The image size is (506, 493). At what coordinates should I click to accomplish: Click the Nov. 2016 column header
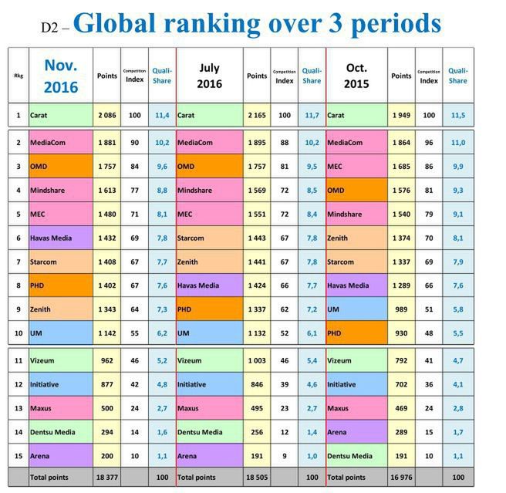coord(61,76)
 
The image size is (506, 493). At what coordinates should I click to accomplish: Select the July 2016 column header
coord(208,76)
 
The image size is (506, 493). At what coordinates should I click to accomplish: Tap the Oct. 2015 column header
coord(356,76)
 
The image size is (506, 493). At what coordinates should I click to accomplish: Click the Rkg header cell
coord(19,76)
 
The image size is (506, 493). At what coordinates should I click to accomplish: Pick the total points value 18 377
coord(106,478)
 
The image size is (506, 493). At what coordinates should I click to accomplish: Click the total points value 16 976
coord(401,478)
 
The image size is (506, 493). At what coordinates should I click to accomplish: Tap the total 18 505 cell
coord(256,478)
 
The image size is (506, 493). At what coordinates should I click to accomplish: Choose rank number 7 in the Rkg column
coord(19,262)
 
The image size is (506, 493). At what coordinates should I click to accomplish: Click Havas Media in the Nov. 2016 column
coord(52,239)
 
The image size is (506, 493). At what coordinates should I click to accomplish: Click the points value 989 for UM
coord(401,308)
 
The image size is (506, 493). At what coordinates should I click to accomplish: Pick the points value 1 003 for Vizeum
coord(256,360)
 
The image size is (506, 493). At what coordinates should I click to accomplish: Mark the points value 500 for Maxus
coord(106,407)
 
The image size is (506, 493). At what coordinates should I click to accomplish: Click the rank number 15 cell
coord(19,456)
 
